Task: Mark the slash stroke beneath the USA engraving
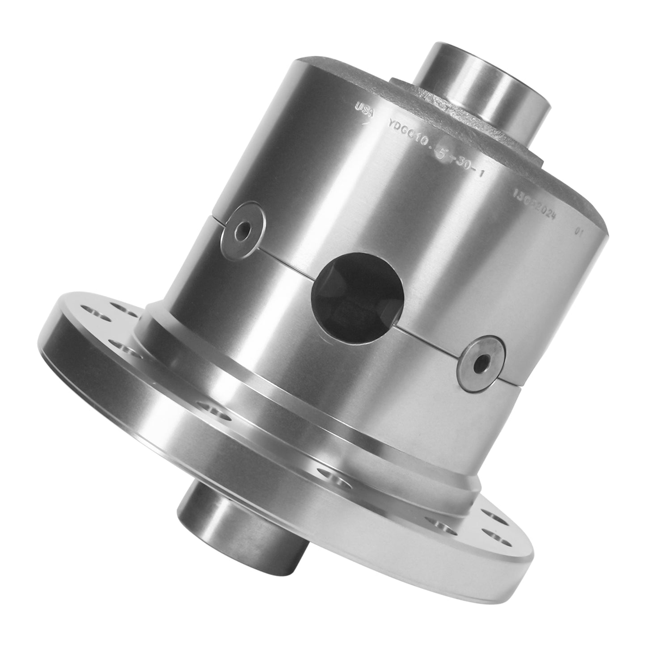pos(367,120)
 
